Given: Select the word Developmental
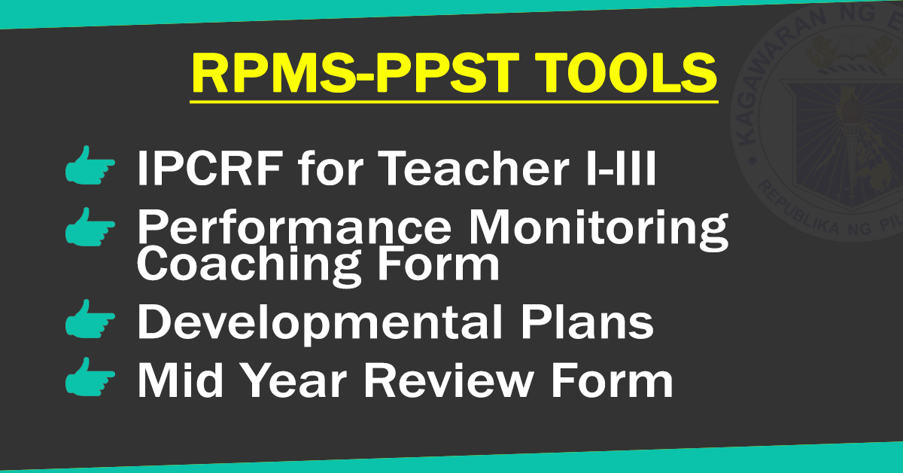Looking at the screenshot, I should [x=312, y=322].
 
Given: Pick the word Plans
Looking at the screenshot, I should [x=577, y=322].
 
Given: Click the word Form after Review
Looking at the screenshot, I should [x=610, y=381].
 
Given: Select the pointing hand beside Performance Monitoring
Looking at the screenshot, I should [x=90, y=228].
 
